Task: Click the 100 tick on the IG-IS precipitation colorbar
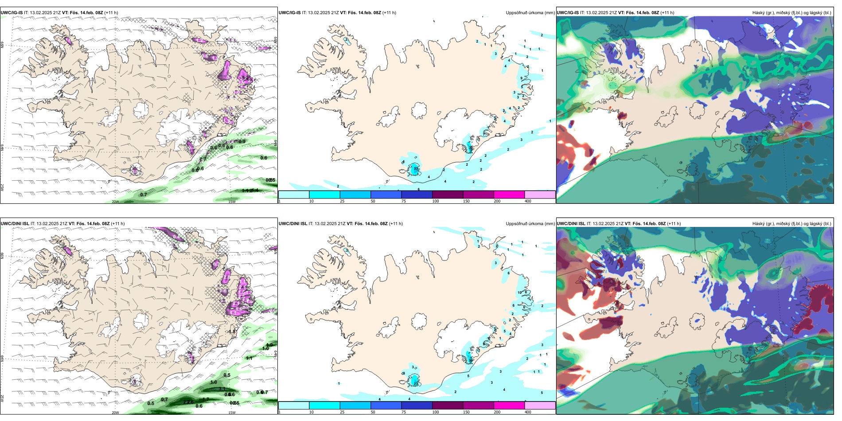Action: (x=436, y=201)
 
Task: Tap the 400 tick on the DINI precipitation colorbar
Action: (x=528, y=412)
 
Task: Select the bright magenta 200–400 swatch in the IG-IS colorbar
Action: (x=509, y=195)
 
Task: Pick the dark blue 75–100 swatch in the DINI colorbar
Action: (x=417, y=405)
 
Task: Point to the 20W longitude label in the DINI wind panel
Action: (x=115, y=413)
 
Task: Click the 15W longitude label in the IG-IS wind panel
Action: (x=232, y=202)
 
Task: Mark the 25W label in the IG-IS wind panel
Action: (x=2, y=187)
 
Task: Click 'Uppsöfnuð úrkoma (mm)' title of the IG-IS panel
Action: (x=530, y=13)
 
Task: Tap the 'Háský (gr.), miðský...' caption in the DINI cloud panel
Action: (x=791, y=224)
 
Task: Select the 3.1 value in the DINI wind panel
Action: (x=222, y=389)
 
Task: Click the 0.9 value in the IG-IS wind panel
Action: (x=242, y=142)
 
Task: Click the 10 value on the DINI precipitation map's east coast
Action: (x=520, y=292)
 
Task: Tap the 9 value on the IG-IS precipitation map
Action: (x=521, y=78)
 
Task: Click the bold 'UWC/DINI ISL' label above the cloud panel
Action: (x=571, y=224)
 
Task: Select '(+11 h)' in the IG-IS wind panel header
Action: (x=111, y=13)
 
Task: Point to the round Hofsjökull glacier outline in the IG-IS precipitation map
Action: (x=420, y=109)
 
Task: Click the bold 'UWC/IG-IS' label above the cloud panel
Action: (x=567, y=13)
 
